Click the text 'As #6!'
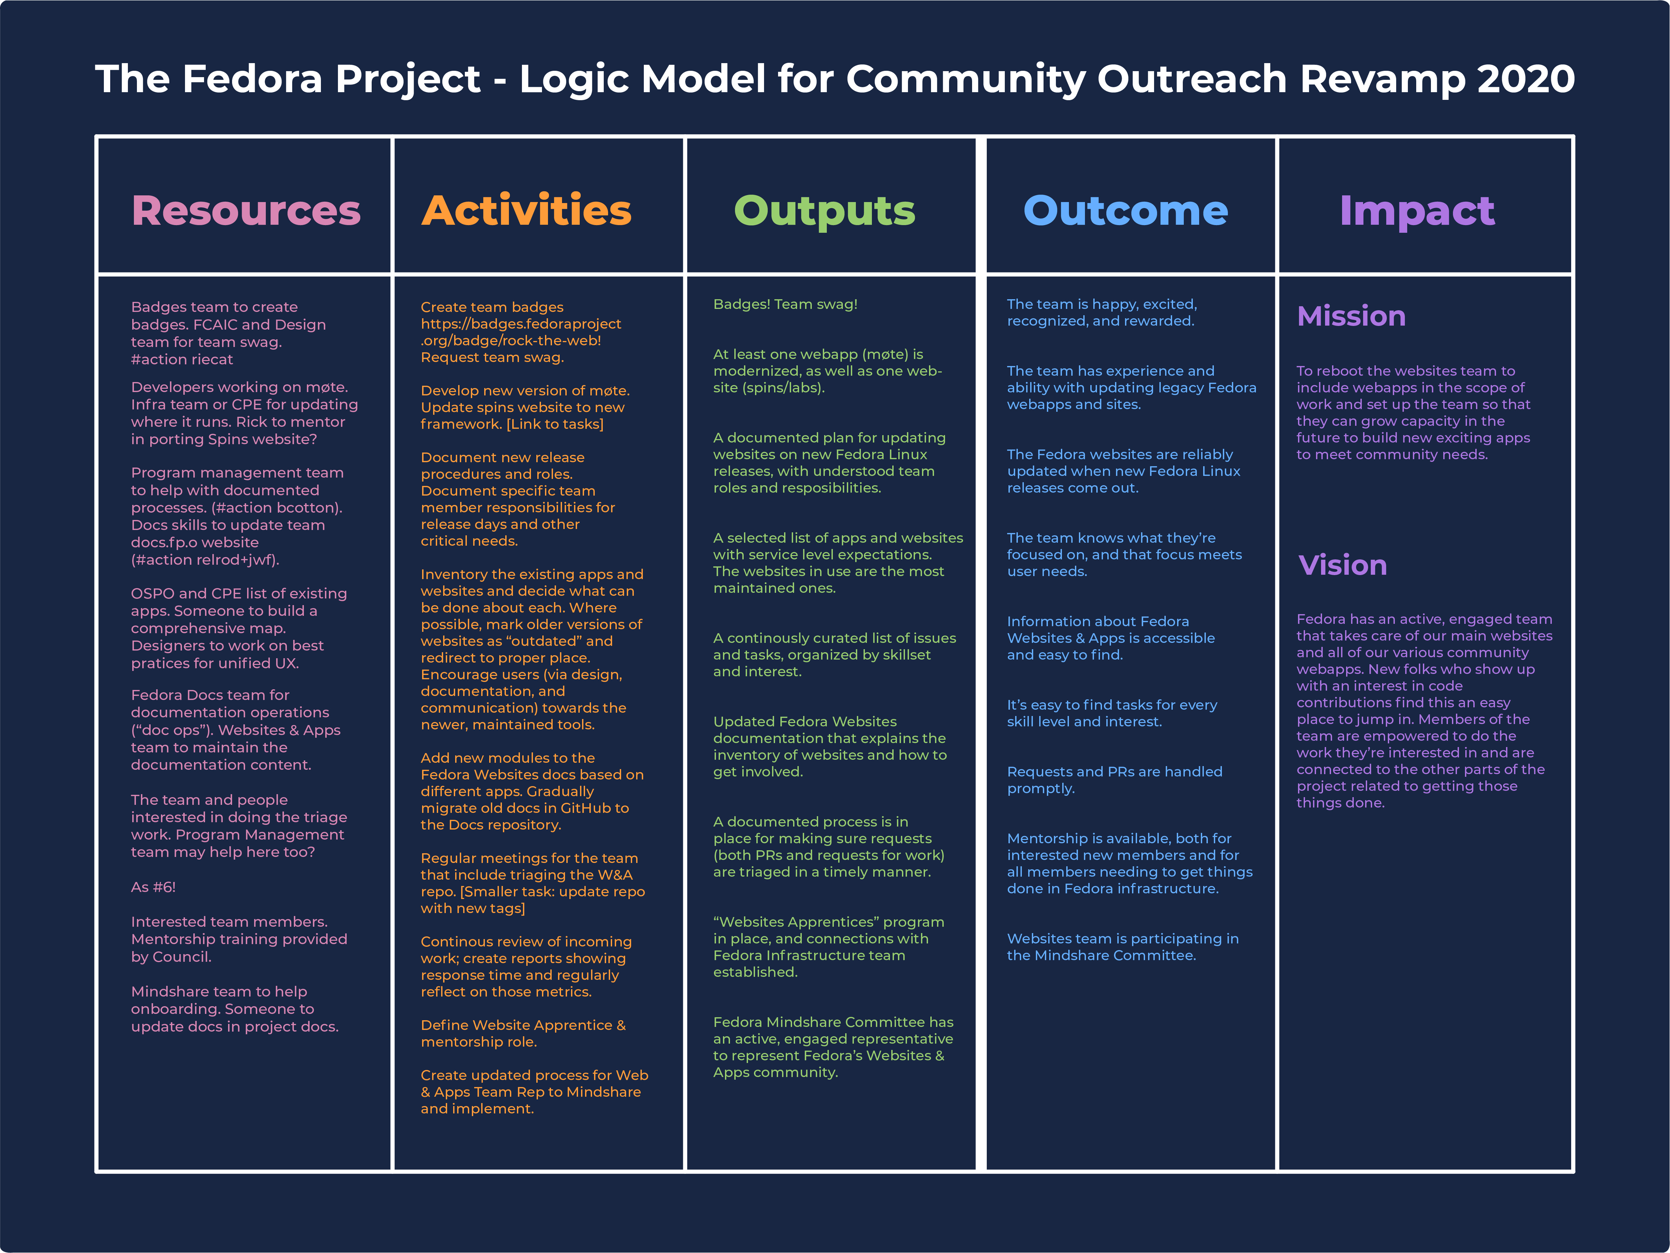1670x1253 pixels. (x=153, y=887)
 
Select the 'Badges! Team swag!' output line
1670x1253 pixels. (x=785, y=304)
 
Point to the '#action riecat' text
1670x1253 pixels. (x=182, y=359)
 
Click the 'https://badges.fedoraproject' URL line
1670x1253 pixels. (x=521, y=324)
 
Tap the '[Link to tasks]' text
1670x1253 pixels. (x=555, y=424)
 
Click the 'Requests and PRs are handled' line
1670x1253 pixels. (x=1114, y=771)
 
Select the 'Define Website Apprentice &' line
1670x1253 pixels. (x=523, y=1025)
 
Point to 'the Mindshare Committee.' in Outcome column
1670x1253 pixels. (x=1102, y=955)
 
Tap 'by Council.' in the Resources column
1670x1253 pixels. (x=171, y=957)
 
